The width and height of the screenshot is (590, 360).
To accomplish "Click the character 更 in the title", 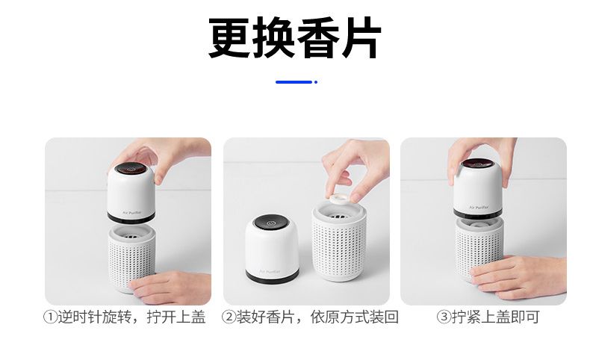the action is pos(229,37).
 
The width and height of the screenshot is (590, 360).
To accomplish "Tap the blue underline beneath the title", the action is pos(294,82).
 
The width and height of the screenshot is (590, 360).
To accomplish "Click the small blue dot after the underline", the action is pos(316,82).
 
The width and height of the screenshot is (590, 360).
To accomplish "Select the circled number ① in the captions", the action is pos(51,317).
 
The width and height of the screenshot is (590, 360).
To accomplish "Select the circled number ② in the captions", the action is pos(229,317).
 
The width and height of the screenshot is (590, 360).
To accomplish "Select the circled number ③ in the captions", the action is pos(444,317).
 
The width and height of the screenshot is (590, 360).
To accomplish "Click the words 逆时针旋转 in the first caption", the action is pos(94,317).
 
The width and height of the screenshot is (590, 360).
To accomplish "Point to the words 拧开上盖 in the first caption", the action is pos(176,317).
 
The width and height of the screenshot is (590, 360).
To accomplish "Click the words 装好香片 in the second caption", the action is pos(265,317).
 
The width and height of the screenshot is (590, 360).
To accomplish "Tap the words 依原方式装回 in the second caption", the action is pos(355,317).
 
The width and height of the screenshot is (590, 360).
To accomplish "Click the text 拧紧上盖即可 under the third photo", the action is pos(495,317).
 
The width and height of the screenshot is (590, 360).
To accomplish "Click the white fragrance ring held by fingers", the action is pos(339,197).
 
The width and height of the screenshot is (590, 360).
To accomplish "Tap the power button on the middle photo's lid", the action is pos(270,223).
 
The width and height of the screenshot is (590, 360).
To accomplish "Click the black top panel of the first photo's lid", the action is pos(131,169).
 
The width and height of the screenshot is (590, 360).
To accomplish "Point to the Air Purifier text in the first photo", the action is pos(131,213).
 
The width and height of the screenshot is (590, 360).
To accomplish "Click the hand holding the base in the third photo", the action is pos(519,276).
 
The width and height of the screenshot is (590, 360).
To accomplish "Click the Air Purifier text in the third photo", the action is pos(479,208).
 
